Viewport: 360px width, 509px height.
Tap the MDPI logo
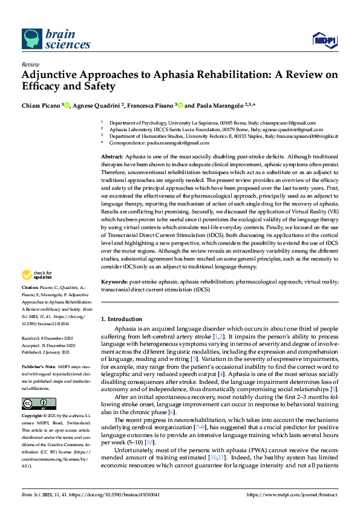pyautogui.click(x=323, y=40)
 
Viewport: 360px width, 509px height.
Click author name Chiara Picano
pyautogui.click(x=41, y=105)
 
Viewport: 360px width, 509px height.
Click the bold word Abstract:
pyautogui.click(x=113, y=157)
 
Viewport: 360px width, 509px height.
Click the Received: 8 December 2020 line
pyautogui.click(x=48, y=339)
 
